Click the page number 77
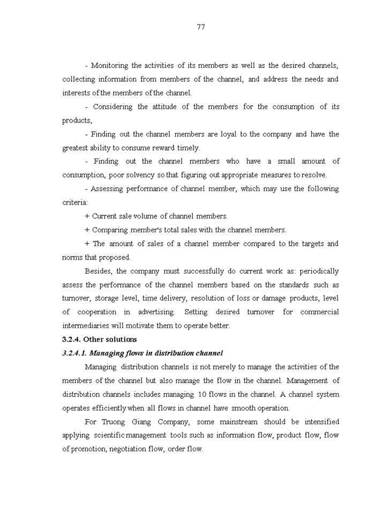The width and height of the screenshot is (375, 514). [201, 27]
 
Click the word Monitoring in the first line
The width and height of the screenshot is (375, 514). [109, 65]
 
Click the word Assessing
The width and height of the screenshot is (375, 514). [107, 188]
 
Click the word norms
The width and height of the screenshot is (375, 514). [72, 257]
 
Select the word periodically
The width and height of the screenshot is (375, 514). [317, 271]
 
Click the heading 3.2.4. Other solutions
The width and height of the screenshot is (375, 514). [100, 339]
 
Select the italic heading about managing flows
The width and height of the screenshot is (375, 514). [142, 353]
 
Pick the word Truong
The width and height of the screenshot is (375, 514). [125, 422]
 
